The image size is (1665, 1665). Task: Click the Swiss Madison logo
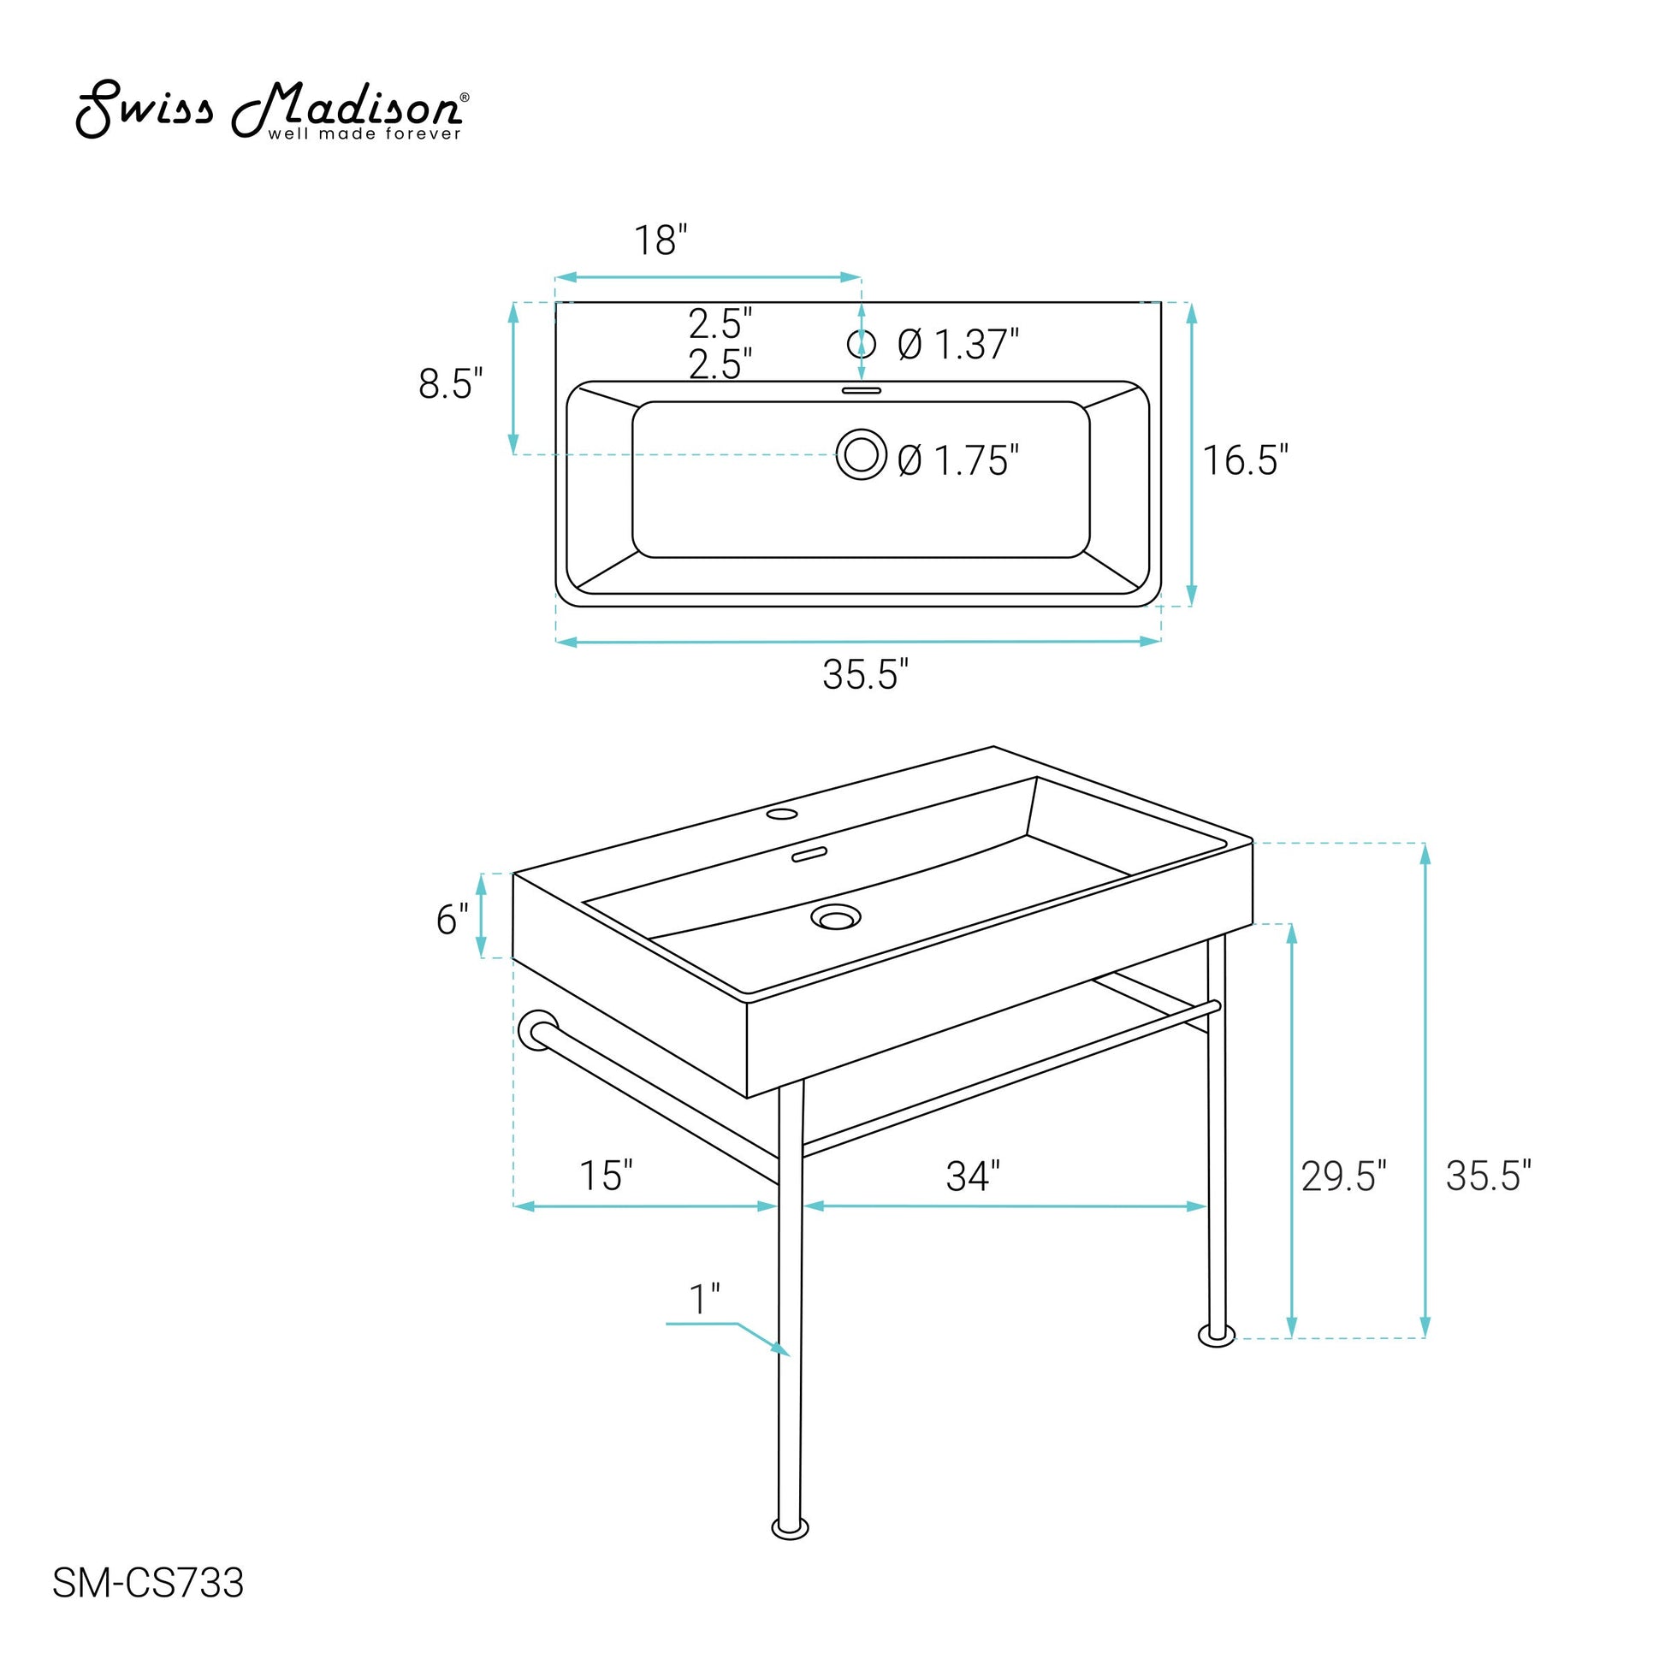pos(272,110)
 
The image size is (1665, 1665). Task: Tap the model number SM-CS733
pos(148,1607)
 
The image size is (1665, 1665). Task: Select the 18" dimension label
pos(661,240)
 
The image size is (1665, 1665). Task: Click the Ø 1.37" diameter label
pos(958,345)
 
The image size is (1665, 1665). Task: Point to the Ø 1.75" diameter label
pos(958,460)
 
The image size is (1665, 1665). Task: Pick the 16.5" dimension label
pos(1245,460)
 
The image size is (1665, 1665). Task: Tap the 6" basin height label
pos(453,920)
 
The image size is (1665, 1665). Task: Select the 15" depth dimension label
pos(606,1176)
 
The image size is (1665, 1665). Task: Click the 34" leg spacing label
pos(973,1176)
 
